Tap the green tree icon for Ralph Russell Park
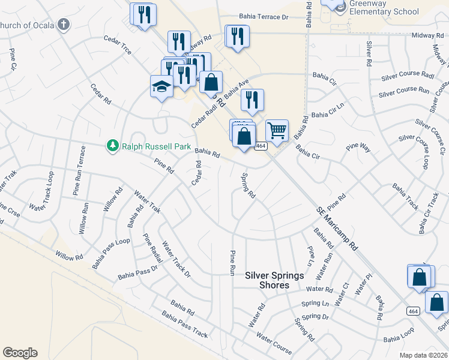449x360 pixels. [112, 145]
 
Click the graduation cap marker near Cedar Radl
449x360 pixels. [161, 88]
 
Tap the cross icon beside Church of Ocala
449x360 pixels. [64, 25]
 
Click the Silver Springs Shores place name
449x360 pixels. [274, 280]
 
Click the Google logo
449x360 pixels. [20, 353]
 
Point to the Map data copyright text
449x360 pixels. [424, 355]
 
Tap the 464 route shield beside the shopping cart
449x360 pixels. [261, 146]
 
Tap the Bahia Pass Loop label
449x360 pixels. [111, 253]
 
